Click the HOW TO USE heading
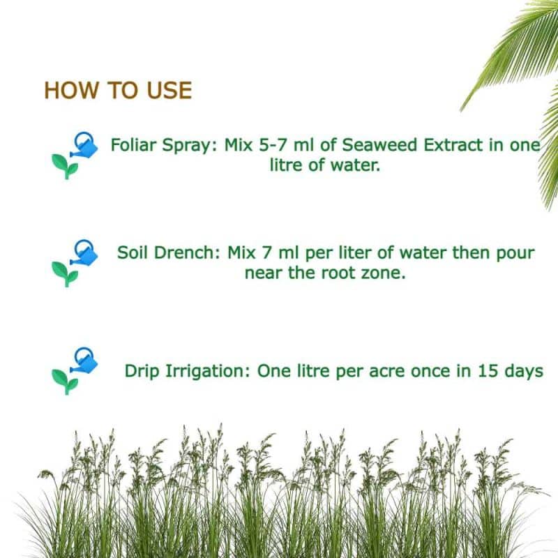117,91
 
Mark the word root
342,273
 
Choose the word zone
384,273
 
